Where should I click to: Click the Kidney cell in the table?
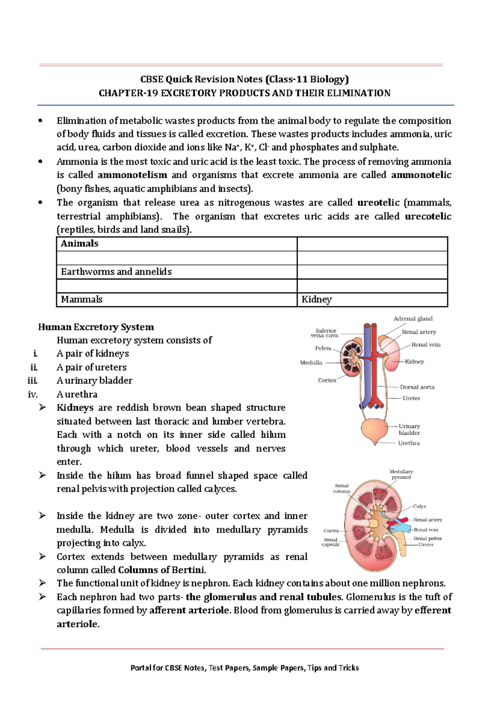pos(317,299)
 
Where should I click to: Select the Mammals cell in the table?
pos(82,299)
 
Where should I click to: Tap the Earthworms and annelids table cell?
pos(116,272)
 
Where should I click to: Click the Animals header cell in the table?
pos(80,243)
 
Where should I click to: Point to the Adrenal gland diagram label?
pos(413,319)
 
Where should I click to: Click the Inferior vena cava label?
pos(326,333)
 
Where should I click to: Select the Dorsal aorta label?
pos(417,387)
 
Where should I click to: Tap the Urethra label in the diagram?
pos(409,443)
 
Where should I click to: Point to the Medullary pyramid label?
pos(401,474)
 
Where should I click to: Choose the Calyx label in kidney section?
pos(419,506)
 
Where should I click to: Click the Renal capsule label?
pos(331,542)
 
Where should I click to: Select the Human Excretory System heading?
pos(96,327)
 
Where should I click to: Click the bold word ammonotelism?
pos(133,175)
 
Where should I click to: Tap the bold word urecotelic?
pos(428,217)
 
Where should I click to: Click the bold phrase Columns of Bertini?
pos(162,570)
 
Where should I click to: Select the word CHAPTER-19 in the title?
pos(128,93)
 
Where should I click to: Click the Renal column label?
pos(342,489)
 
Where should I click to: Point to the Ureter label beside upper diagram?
pos(411,398)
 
